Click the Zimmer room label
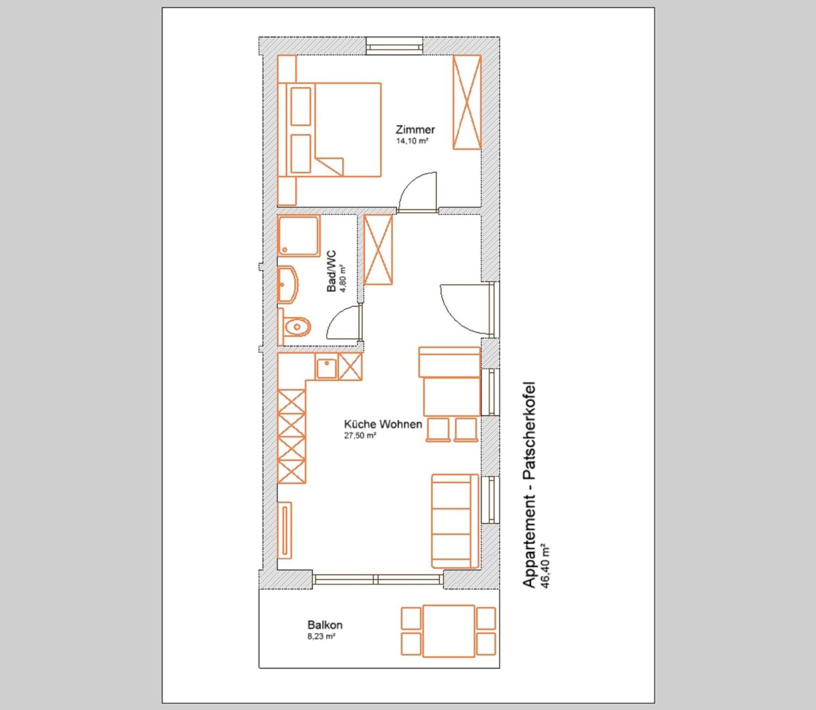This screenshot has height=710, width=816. tap(415, 129)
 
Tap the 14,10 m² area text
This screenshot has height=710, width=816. tap(412, 141)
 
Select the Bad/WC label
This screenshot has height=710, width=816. tap(331, 271)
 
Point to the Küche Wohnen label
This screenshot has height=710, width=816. tap(383, 424)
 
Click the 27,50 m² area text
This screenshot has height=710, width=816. tap(360, 435)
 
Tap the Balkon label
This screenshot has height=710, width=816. tap(325, 625)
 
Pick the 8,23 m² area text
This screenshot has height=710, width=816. tap(321, 636)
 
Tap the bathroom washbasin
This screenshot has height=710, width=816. tap(288, 285)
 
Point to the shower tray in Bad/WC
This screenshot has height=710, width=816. tap(299, 236)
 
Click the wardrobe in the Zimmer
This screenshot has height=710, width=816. tap(467, 102)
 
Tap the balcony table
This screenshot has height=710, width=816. tap(449, 631)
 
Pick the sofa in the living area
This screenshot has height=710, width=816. tap(455, 521)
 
